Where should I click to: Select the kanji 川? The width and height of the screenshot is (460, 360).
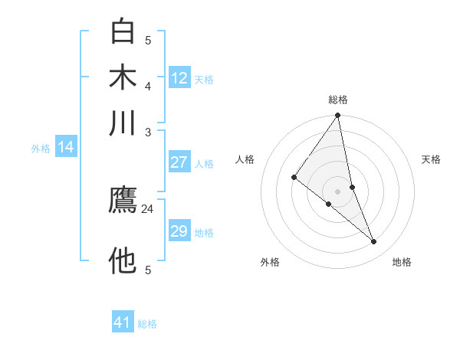(x=123, y=124)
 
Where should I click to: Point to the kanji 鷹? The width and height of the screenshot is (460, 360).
(x=123, y=202)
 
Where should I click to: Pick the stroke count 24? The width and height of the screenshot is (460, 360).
(x=148, y=208)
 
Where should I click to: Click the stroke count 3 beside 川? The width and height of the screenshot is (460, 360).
(x=148, y=133)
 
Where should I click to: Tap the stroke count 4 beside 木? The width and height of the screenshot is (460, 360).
(x=148, y=86)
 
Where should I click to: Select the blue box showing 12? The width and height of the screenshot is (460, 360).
(x=179, y=78)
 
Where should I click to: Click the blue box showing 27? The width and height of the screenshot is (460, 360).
(x=179, y=162)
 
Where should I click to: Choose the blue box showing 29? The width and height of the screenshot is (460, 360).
(x=179, y=231)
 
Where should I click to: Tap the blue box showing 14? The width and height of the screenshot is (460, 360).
(x=66, y=148)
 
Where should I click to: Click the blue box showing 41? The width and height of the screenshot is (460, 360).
(x=123, y=322)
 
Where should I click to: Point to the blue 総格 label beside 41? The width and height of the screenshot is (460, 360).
(x=147, y=324)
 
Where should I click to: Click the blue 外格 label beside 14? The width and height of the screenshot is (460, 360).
(x=40, y=149)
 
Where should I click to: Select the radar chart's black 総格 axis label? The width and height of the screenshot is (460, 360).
(x=338, y=100)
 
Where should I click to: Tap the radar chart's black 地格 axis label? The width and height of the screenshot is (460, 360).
(x=402, y=262)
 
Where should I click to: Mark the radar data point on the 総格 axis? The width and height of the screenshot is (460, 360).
(x=338, y=116)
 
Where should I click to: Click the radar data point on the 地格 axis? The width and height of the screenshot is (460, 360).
(x=374, y=242)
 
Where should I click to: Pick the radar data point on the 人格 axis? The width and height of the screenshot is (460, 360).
(x=294, y=178)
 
